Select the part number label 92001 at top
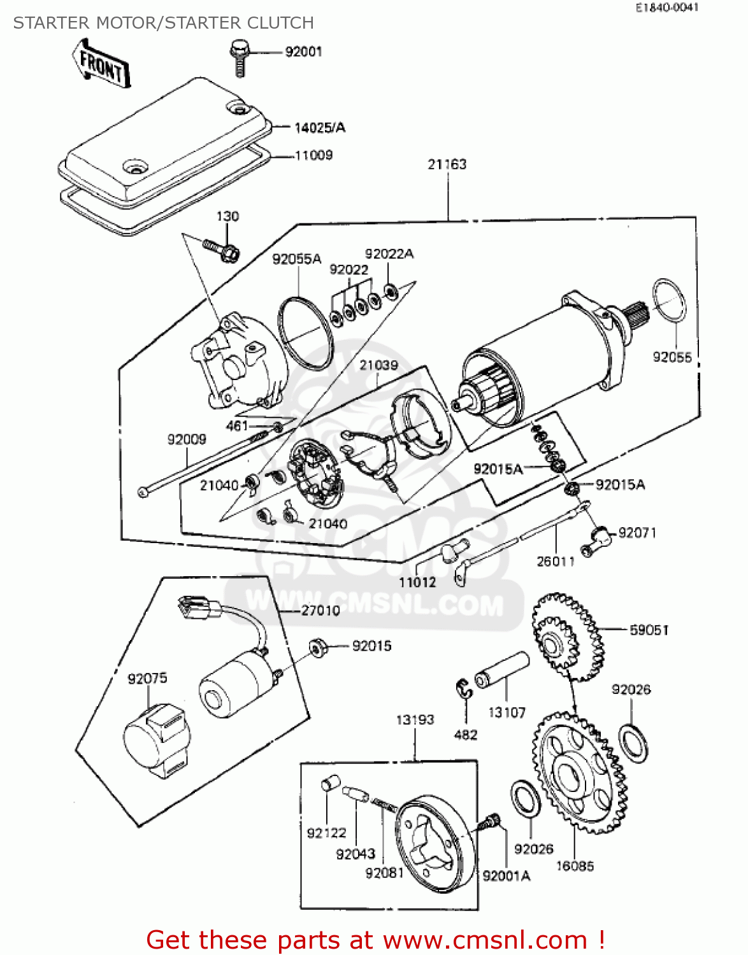[x=303, y=52]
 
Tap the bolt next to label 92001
[x=239, y=56]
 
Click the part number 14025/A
[x=319, y=128]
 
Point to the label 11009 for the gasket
[x=313, y=155]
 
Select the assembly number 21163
[x=447, y=164]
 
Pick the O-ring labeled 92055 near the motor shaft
[x=669, y=301]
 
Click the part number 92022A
[x=389, y=254]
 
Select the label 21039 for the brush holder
[x=378, y=365]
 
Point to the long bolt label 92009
[x=187, y=439]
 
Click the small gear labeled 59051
[x=566, y=635]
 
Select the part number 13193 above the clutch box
[x=415, y=720]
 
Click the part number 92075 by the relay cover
[x=147, y=679]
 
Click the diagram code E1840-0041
[x=666, y=8]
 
